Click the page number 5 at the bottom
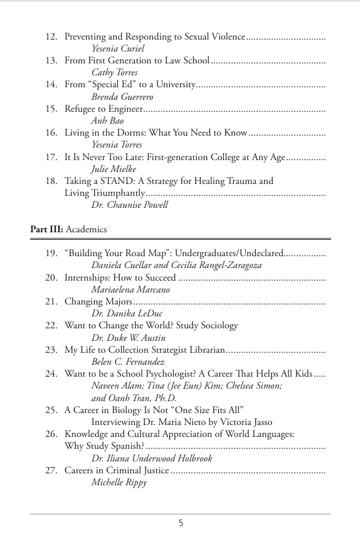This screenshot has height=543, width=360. [x=181, y=524]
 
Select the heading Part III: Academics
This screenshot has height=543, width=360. [x=68, y=229]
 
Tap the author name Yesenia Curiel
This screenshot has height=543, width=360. [x=118, y=48]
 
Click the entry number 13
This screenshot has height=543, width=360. [x=51, y=60]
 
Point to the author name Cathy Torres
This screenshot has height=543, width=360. [x=114, y=72]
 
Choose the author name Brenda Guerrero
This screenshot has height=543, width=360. [x=122, y=97]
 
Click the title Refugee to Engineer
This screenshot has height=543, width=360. [x=103, y=109]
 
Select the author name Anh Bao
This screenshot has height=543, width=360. [x=107, y=121]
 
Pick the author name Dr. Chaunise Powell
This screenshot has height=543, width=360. [x=130, y=205]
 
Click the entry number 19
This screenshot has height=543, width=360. [x=51, y=253]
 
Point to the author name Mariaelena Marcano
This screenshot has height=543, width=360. [x=130, y=289]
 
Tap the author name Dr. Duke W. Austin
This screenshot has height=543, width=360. [x=129, y=338]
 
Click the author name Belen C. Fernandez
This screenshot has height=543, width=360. [x=128, y=362]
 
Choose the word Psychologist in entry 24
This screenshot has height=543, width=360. [x=178, y=374]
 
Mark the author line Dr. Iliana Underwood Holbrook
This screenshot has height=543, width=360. [x=152, y=458]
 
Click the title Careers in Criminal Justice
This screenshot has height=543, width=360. [x=117, y=470]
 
